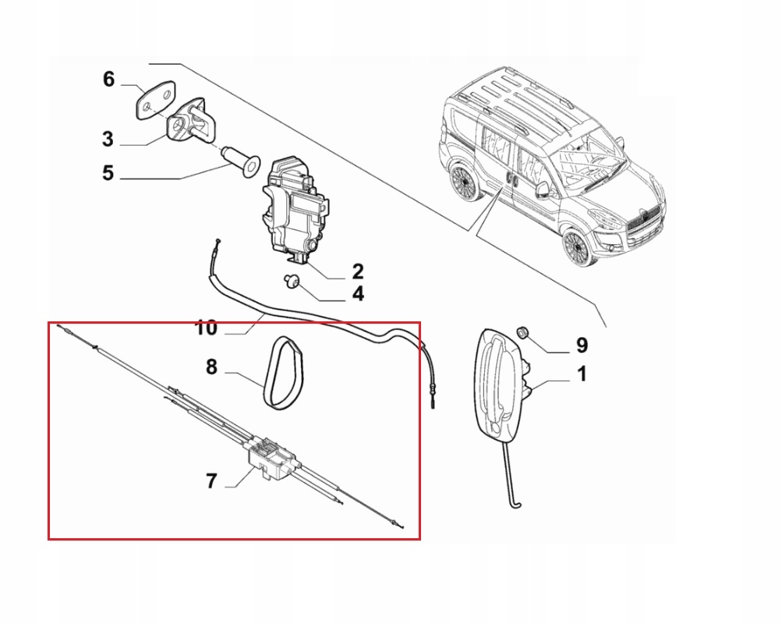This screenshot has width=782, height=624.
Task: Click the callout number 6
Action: coord(108,79)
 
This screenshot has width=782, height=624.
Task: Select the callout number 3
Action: coord(108,140)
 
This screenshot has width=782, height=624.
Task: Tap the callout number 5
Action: coord(108,173)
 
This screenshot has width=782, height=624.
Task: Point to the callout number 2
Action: coord(357,271)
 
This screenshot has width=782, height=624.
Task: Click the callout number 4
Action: coord(357,295)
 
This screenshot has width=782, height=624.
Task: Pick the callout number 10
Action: coord(206,328)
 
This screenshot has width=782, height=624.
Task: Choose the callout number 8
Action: coord(211,366)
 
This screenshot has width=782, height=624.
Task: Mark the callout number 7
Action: coord(211,481)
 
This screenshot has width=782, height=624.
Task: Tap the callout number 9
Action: coord(582,345)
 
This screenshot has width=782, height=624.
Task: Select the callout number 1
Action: coord(582,375)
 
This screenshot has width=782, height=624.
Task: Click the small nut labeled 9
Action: coord(525,334)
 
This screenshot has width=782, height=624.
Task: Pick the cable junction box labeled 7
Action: coord(269,456)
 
